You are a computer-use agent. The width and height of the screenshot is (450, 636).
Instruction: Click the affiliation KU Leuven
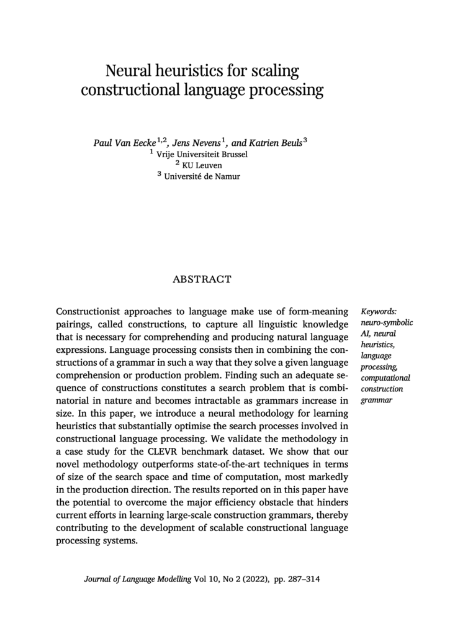(x=207, y=165)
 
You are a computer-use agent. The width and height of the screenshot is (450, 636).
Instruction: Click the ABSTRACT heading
(x=202, y=279)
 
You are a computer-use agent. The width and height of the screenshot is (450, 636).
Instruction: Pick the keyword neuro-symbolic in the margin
(x=387, y=323)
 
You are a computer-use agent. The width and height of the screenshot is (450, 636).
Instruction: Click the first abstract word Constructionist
(x=89, y=311)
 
